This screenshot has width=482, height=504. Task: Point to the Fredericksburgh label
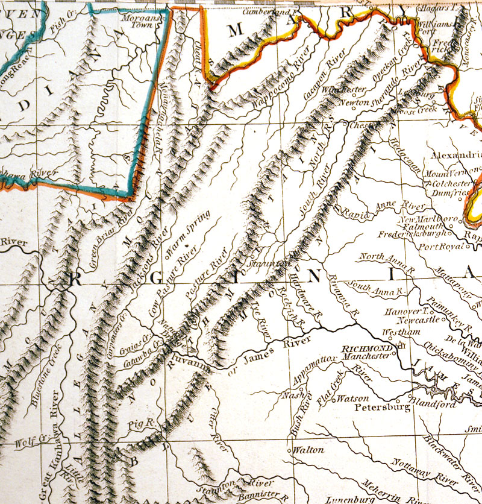click(x=412, y=233)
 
